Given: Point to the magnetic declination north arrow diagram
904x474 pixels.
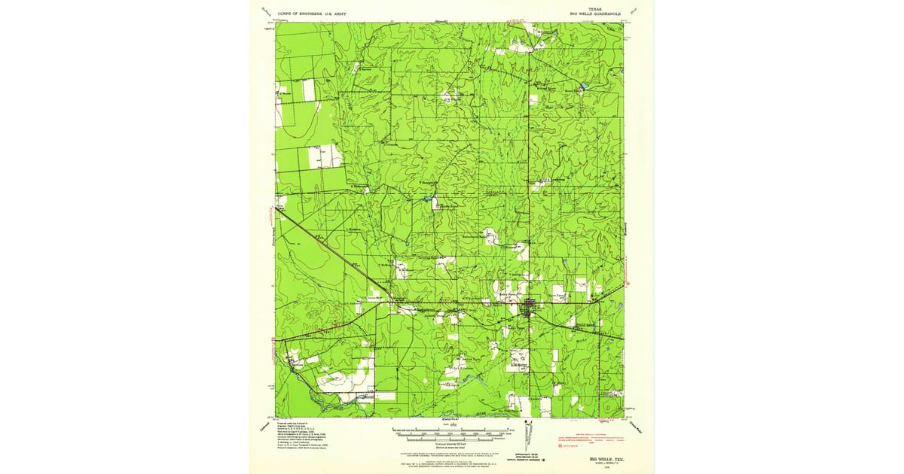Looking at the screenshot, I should (x=532, y=435).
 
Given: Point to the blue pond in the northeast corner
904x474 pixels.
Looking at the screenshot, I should (x=582, y=88).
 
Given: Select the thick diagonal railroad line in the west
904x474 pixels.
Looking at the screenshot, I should (x=331, y=252).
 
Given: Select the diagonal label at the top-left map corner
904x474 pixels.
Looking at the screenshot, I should (x=265, y=11).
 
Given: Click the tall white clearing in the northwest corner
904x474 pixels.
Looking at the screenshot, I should (x=309, y=90).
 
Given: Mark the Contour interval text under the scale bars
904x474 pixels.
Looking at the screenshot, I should (x=452, y=445).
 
